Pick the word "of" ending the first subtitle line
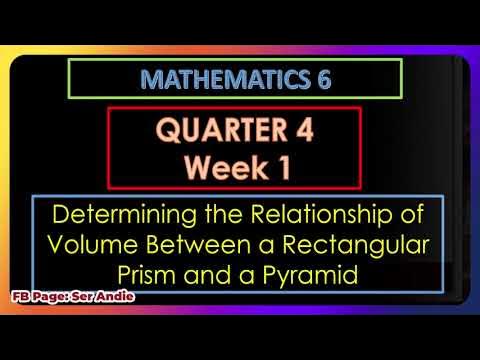pyautogui.click(x=410, y=214)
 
